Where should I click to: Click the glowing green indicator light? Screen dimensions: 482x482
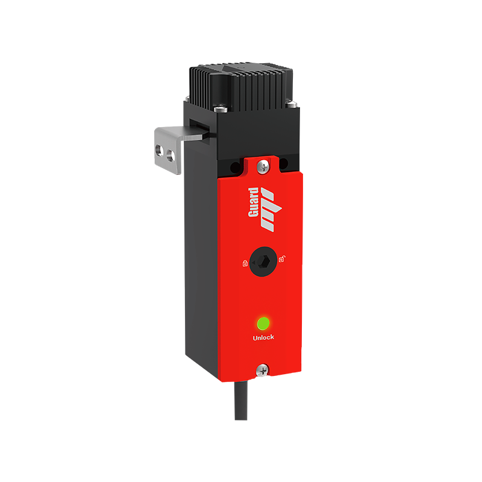pos(263,323)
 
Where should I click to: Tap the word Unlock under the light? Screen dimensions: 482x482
pos(263,337)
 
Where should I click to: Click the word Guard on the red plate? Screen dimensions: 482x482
pos(254,202)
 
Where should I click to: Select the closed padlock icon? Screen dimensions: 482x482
pos(245,264)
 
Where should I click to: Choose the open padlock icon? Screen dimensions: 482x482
pos(281,260)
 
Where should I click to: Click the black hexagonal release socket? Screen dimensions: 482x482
pos(263,261)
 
